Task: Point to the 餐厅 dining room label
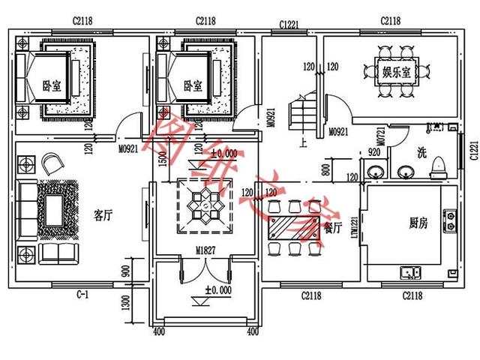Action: pyautogui.click(x=332, y=225)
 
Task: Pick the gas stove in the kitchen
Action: pyautogui.click(x=450, y=219)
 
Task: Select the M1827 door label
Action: pyautogui.click(x=206, y=250)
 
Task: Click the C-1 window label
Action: pyautogui.click(x=82, y=295)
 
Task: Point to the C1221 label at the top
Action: pyautogui.click(x=289, y=25)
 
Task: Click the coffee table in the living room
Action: pyautogui.click(x=52, y=209)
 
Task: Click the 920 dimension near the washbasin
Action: pyautogui.click(x=374, y=152)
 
